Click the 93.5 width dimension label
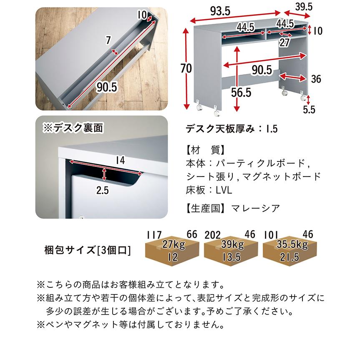[220, 11]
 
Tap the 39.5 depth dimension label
[304, 7]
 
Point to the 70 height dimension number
[186, 68]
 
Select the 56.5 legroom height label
[241, 92]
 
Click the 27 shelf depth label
[284, 42]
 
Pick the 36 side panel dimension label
[316, 79]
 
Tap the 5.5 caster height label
[309, 110]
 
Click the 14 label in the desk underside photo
[120, 160]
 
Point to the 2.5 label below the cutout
[102, 190]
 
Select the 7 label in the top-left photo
[108, 40]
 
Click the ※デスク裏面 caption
[73, 128]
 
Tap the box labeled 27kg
[172, 251]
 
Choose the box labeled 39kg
[231, 251]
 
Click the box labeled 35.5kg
[290, 251]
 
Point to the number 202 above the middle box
[213, 235]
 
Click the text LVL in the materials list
[224, 190]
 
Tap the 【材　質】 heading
[205, 150]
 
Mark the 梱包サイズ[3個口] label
[87, 250]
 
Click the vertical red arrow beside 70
[186, 68]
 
